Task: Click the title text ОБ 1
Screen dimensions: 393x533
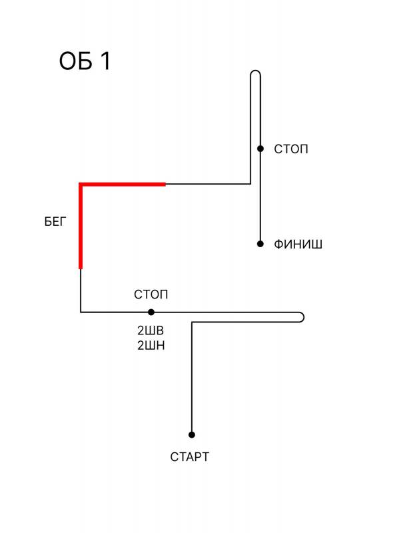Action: click(x=85, y=61)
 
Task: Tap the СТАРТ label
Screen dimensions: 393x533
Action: click(x=189, y=457)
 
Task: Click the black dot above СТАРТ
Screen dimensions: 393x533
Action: click(x=192, y=435)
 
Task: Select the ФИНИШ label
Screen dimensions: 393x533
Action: click(x=298, y=245)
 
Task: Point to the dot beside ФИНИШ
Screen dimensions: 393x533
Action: click(x=260, y=244)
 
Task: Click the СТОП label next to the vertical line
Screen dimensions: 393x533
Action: click(x=291, y=149)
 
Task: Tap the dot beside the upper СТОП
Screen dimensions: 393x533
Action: click(x=260, y=149)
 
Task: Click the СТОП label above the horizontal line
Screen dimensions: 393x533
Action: click(x=151, y=294)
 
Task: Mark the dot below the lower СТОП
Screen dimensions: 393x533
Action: click(x=151, y=312)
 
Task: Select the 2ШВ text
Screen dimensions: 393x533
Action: click(x=151, y=330)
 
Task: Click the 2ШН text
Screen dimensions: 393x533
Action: click(x=151, y=346)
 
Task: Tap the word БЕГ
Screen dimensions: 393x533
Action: click(x=55, y=222)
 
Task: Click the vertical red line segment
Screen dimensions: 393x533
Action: click(x=81, y=227)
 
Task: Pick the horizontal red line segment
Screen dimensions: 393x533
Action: click(x=123, y=185)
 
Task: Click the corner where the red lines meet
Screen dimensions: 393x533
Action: click(x=81, y=185)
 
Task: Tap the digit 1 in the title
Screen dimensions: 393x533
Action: click(x=106, y=61)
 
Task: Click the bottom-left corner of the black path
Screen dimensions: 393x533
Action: click(x=81, y=312)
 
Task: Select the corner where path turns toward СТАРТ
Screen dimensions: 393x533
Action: click(x=192, y=322)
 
